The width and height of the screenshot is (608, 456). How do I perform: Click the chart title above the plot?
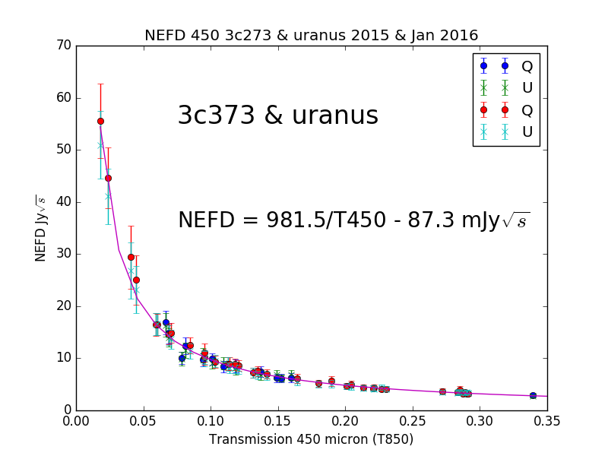[x=311, y=35]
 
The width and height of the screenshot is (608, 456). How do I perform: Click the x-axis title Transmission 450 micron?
[x=311, y=439]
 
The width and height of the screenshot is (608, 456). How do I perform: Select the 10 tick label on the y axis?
[x=63, y=358]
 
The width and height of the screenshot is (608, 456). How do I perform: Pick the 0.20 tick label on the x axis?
[x=345, y=420]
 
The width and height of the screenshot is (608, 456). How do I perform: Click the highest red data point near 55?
[x=100, y=121]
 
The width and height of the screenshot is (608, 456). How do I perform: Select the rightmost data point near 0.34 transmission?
[x=533, y=395]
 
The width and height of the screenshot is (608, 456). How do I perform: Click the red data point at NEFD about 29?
[x=131, y=257]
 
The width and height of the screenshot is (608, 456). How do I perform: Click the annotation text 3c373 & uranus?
[x=277, y=116]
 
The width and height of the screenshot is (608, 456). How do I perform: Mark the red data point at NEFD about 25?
[x=136, y=280]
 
